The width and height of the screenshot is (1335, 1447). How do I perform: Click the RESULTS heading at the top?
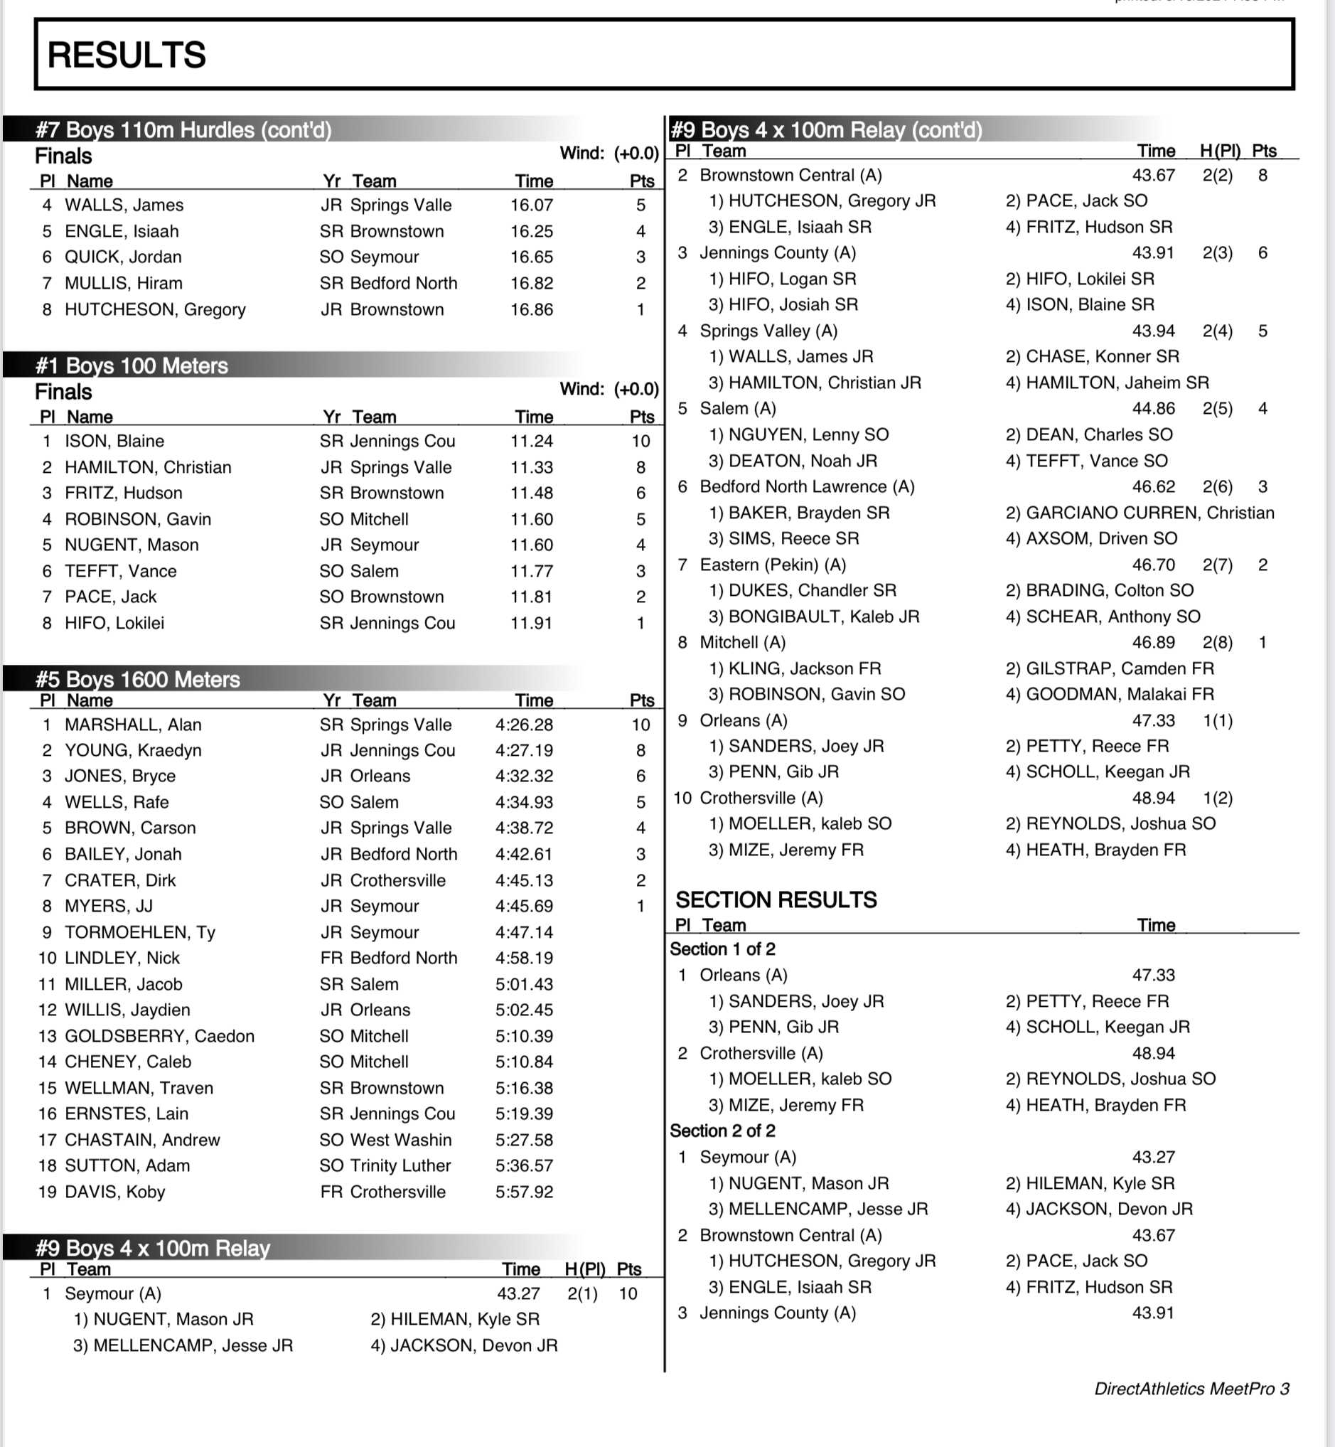[127, 55]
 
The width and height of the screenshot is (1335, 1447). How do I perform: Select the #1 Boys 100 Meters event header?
[132, 365]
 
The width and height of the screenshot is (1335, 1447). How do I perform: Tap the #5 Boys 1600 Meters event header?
[137, 679]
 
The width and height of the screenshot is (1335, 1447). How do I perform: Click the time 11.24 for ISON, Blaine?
[532, 442]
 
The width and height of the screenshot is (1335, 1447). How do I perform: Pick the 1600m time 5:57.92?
[524, 1192]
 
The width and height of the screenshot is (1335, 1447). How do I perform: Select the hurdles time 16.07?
[532, 205]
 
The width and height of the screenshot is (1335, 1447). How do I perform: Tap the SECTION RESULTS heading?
[776, 899]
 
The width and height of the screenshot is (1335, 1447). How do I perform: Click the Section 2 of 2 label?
[722, 1131]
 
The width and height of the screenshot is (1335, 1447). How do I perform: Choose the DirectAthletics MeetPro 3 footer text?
[1191, 1389]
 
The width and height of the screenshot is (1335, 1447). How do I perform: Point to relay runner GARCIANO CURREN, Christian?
[1140, 513]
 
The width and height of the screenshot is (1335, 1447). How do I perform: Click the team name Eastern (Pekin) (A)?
[772, 565]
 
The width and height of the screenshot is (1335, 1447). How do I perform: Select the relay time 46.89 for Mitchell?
[1153, 642]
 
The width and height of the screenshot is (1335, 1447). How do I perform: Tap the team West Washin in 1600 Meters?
[400, 1140]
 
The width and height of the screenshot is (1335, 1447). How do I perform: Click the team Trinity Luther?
[400, 1165]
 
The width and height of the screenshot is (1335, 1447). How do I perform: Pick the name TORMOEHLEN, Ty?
[140, 932]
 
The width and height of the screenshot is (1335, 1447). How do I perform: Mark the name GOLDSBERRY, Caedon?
[159, 1036]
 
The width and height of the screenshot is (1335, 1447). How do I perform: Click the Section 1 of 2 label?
[722, 949]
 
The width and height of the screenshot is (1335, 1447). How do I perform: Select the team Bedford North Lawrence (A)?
[806, 487]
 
